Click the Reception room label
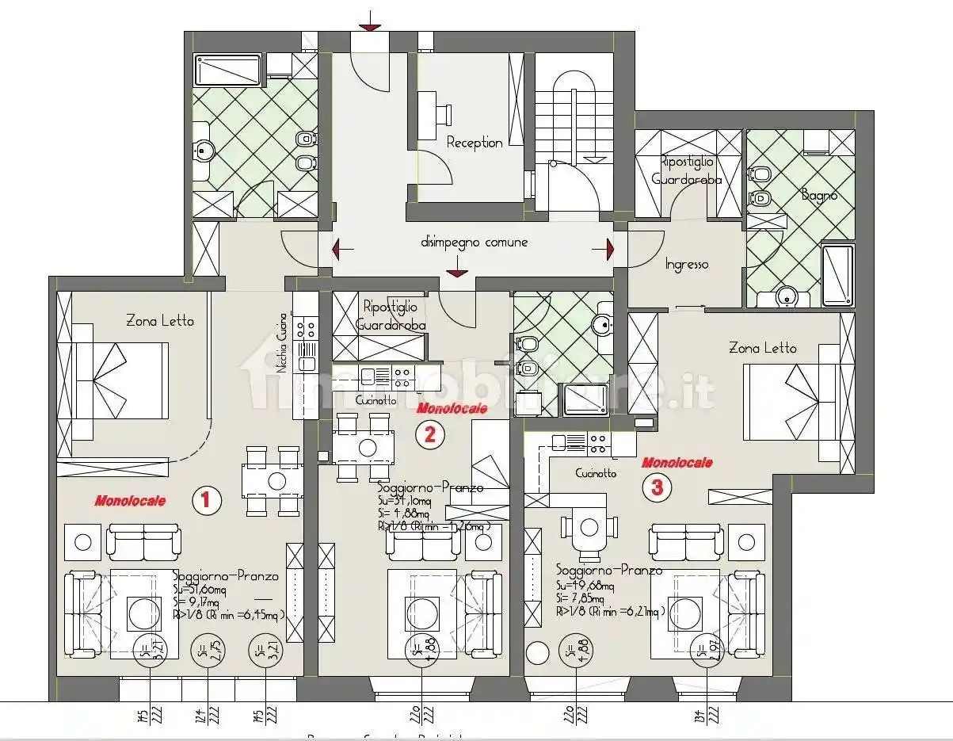474,143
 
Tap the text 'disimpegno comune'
474,243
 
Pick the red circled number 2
429,434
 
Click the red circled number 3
657,487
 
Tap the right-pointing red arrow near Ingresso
608,249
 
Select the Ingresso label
686,265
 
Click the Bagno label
818,194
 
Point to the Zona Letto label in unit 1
159,321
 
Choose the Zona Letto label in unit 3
762,348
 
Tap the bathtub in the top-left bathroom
228,70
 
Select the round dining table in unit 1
276,480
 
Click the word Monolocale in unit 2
451,409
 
